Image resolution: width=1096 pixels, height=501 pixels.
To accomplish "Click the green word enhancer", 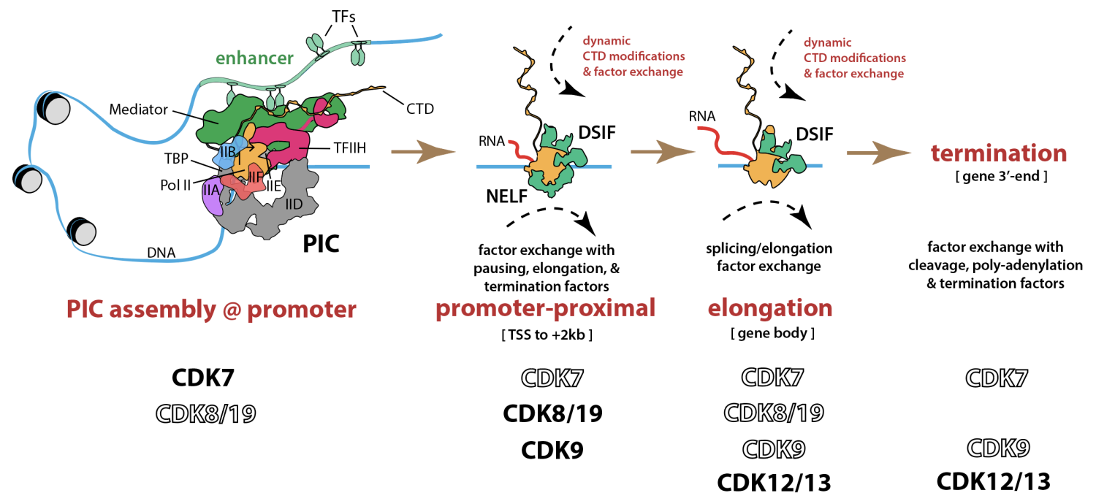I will (x=254, y=58).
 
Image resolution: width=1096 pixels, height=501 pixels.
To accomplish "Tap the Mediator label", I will (x=138, y=110).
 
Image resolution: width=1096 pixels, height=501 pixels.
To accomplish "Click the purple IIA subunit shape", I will (x=212, y=197).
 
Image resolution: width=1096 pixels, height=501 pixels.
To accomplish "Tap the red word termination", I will (x=999, y=153).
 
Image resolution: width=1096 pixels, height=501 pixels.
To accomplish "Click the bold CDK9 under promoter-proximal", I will (x=552, y=450).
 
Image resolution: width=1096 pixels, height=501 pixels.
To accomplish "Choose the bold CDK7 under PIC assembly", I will (x=202, y=378).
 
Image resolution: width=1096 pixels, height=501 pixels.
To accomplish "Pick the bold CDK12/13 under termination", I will (x=994, y=481).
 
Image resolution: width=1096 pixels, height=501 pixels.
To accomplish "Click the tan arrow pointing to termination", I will (x=880, y=153).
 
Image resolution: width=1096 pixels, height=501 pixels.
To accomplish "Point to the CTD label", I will (x=419, y=109).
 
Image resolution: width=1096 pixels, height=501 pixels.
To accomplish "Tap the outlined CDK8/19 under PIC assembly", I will (x=207, y=414).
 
